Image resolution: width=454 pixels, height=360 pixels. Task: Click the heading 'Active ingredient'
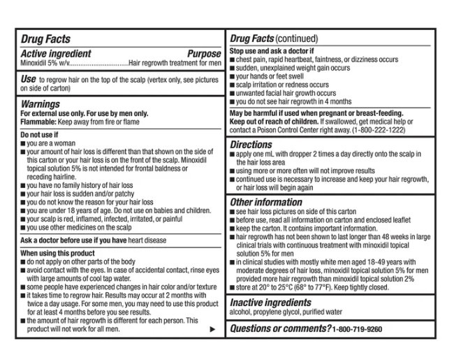point(56,53)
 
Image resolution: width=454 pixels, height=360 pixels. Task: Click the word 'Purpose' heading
point(204,53)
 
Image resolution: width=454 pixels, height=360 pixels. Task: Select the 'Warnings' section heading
point(40,103)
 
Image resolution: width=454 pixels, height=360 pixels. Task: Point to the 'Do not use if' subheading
point(39,135)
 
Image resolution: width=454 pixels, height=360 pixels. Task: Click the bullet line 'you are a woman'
point(52,143)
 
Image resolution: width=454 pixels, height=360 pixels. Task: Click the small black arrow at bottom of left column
point(212,329)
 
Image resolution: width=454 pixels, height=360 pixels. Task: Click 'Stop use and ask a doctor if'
point(272,52)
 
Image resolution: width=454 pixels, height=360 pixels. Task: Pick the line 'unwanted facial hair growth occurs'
point(286,93)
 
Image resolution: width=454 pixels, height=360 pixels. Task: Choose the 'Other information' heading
point(266,202)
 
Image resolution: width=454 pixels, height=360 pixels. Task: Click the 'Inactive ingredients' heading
point(271,303)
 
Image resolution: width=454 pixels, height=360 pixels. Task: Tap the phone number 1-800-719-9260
point(358,329)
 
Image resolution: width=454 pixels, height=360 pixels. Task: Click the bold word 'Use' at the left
point(29,80)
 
